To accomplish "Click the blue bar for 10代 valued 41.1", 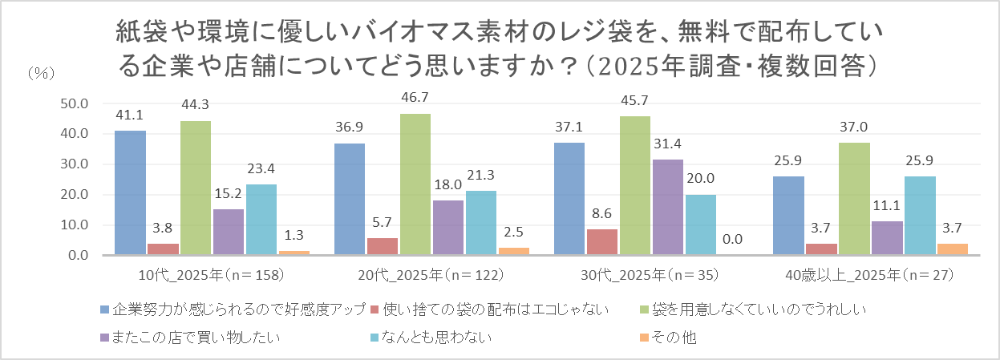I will [130, 193].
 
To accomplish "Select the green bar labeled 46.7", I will [415, 184].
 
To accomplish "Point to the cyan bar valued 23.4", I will [261, 220].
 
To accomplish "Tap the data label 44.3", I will [196, 104].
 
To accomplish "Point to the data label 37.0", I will [854, 126].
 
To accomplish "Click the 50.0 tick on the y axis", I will [75, 103].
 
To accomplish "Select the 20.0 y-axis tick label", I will [75, 195].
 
